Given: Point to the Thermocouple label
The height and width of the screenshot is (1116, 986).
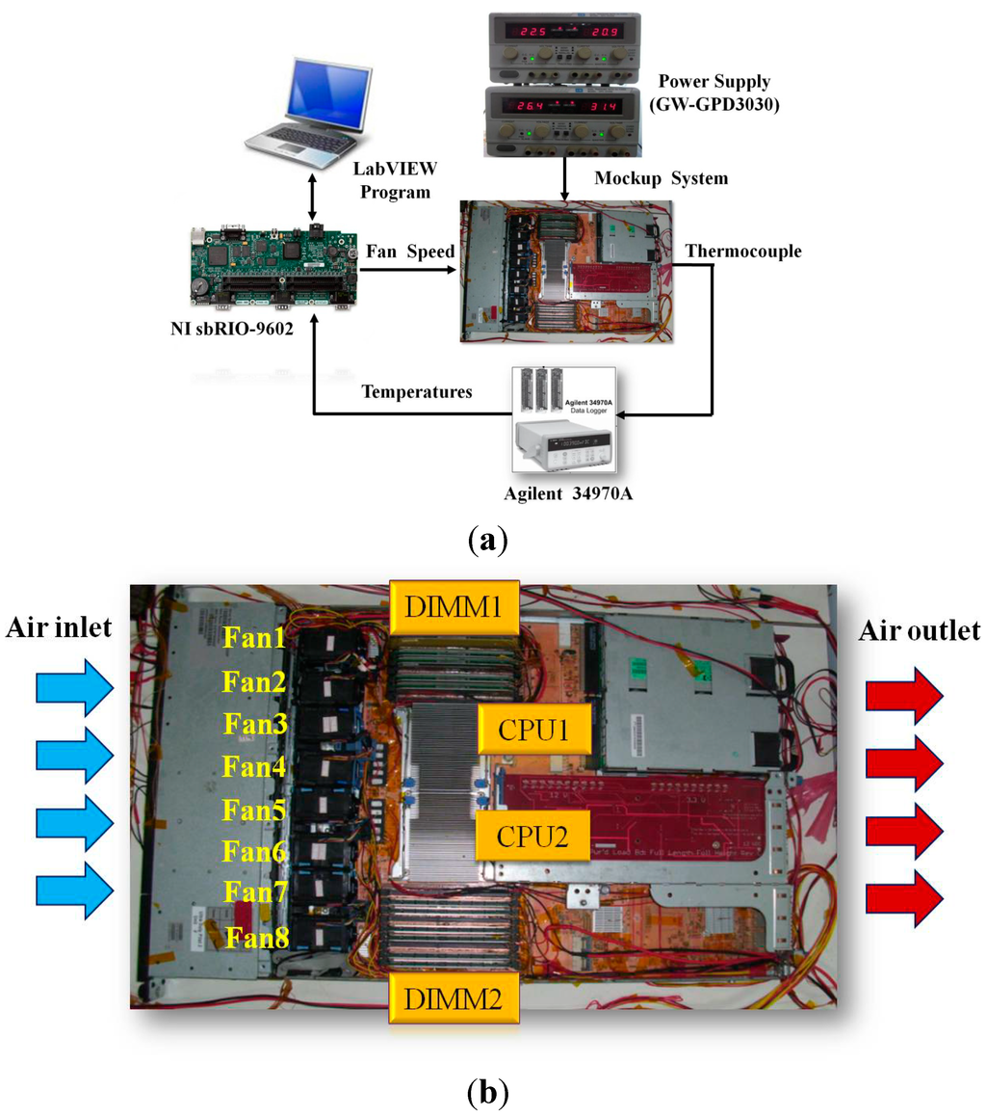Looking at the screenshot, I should point(742,252).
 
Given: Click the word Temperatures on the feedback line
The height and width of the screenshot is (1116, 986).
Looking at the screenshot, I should point(417,391).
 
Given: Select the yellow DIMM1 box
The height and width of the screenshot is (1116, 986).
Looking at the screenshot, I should point(454,604).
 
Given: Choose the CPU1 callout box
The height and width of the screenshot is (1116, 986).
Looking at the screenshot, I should point(534,729).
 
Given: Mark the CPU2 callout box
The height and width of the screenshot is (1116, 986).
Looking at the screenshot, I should point(534,835).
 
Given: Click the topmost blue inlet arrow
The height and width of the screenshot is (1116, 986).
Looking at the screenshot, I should point(73,688).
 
